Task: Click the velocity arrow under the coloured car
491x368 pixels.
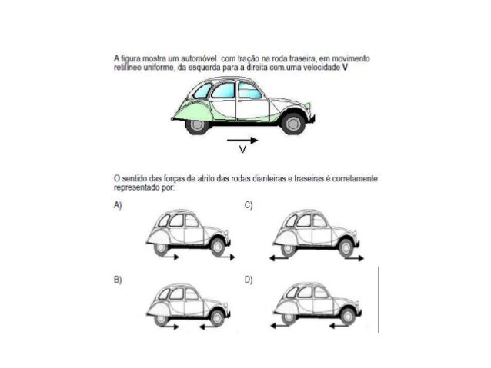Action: [243, 141]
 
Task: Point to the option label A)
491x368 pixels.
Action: [118, 206]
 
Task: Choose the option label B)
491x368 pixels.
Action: [118, 280]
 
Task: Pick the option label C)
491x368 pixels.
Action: [249, 206]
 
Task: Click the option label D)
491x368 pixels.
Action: [249, 280]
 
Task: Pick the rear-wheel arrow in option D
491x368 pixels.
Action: [279, 327]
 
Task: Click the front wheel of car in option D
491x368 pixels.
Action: [349, 315]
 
